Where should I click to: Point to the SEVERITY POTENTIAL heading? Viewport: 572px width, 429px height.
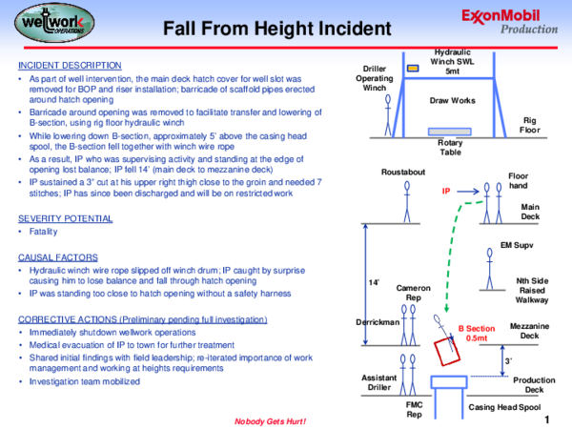[x=65, y=218]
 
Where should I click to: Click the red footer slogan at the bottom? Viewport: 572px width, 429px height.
[x=270, y=419]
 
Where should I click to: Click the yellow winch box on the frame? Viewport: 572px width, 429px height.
[x=413, y=70]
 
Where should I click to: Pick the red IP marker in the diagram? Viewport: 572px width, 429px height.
[x=445, y=192]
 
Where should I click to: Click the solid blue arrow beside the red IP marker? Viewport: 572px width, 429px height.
[x=468, y=193]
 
